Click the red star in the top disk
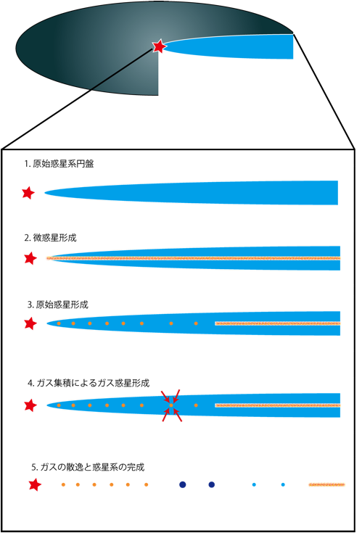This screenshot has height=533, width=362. (x=159, y=46)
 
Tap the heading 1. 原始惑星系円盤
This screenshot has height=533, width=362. (x=59, y=164)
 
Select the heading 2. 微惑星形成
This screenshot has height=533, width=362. (x=50, y=238)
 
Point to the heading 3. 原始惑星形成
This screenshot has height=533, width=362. (x=58, y=305)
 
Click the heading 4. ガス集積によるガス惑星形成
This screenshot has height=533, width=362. (x=89, y=383)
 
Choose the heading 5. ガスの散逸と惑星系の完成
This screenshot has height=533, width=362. (x=88, y=467)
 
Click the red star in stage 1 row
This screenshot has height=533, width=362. (x=28, y=193)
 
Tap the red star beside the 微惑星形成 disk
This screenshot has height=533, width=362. (x=30, y=258)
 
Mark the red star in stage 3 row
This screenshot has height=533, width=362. (x=30, y=323)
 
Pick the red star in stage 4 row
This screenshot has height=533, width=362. (x=30, y=405)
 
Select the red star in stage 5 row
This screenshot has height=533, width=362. (x=35, y=484)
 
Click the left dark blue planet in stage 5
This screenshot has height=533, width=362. (x=183, y=484)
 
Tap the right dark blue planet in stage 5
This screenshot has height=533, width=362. (x=211, y=484)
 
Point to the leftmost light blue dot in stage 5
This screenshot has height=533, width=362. (x=254, y=484)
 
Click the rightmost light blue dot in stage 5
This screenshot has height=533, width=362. (x=283, y=484)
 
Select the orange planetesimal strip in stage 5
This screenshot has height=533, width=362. (x=326, y=484)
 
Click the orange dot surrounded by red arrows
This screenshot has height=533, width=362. (x=171, y=405)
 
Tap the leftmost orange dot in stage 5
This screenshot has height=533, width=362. (x=63, y=484)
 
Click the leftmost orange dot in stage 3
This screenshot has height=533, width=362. (x=59, y=323)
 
